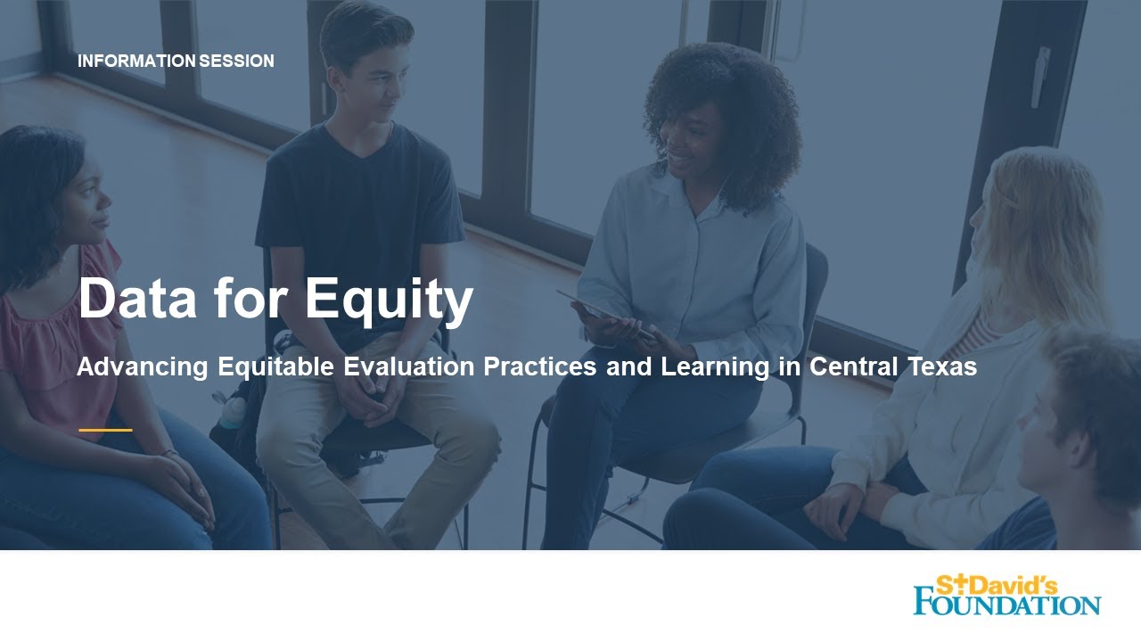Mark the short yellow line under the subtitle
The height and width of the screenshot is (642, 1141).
tap(105, 430)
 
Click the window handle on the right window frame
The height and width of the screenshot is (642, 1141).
tap(1039, 77)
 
